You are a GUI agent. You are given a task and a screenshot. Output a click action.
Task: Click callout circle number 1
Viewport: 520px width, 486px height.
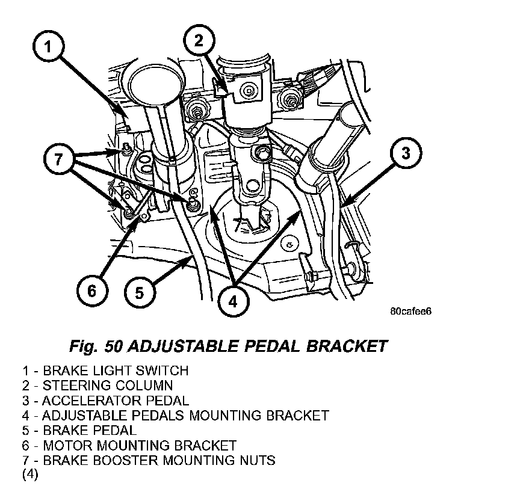pyautogui.click(x=48, y=46)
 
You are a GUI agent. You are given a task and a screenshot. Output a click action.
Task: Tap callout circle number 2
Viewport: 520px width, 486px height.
pyautogui.click(x=199, y=41)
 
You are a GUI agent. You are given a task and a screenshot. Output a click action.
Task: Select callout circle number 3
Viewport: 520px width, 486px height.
pyautogui.click(x=406, y=153)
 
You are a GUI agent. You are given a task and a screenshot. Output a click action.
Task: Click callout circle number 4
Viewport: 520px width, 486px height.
pyautogui.click(x=234, y=302)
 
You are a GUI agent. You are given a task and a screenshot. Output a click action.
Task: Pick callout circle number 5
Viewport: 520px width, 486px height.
pyautogui.click(x=140, y=293)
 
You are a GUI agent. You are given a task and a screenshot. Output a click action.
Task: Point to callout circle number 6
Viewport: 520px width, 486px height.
pyautogui.click(x=92, y=291)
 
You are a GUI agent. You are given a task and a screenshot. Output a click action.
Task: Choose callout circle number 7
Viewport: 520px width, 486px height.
pyautogui.click(x=59, y=159)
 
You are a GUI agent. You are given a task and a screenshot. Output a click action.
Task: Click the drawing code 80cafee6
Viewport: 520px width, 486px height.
pyautogui.click(x=411, y=312)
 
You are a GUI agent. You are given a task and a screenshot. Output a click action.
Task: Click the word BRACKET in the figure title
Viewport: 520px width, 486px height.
pyautogui.click(x=347, y=346)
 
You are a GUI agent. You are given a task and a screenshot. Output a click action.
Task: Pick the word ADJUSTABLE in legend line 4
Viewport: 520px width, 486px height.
pyautogui.click(x=84, y=416)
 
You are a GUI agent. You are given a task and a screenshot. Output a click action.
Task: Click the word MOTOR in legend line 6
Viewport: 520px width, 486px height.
pyautogui.click(x=68, y=445)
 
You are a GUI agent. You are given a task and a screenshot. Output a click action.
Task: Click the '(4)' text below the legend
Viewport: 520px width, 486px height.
pyautogui.click(x=30, y=475)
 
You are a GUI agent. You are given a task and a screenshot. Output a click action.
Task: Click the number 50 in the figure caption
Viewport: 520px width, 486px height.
pyautogui.click(x=113, y=346)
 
